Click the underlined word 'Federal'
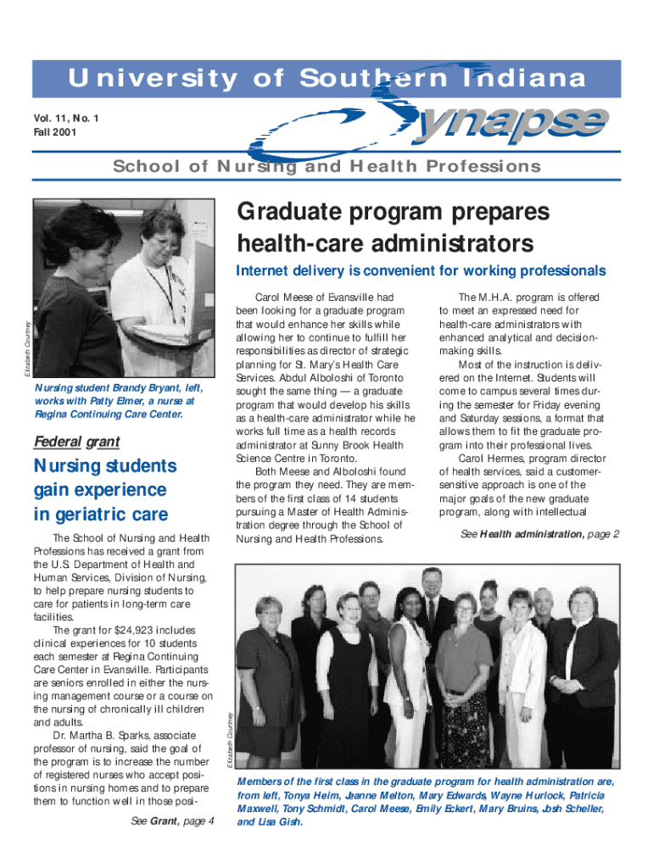[x=57, y=442]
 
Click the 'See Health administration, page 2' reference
[x=540, y=534]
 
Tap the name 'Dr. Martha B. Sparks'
[x=102, y=734]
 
